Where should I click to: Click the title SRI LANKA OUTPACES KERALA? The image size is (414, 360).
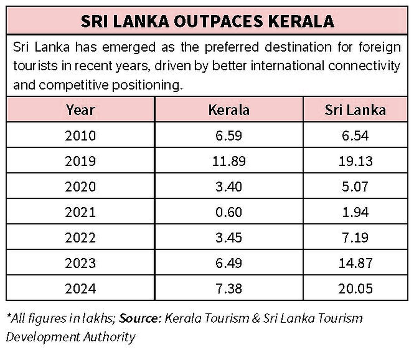(x=207, y=21)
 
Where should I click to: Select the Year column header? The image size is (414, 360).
(x=80, y=110)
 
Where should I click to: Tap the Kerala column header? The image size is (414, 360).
(x=229, y=110)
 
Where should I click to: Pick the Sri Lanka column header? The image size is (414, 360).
(x=355, y=110)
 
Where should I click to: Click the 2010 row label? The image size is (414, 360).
(x=80, y=136)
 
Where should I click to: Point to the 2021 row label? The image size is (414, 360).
(x=80, y=212)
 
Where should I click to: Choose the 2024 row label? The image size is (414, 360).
(x=80, y=289)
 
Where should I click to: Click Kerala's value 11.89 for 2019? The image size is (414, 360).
(x=229, y=161)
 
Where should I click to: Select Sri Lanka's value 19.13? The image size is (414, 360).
(x=355, y=161)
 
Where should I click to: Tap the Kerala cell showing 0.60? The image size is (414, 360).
(x=229, y=212)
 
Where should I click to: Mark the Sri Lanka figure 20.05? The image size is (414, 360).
(x=355, y=289)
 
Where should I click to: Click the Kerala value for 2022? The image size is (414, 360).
(x=229, y=238)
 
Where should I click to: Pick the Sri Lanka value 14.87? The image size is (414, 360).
(x=355, y=263)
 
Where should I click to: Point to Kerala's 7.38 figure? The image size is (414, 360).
(x=229, y=289)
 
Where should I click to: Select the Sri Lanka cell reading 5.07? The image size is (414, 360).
(x=355, y=187)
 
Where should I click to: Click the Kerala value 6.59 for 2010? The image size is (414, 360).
(x=229, y=136)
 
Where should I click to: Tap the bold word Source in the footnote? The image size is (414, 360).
(x=139, y=318)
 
